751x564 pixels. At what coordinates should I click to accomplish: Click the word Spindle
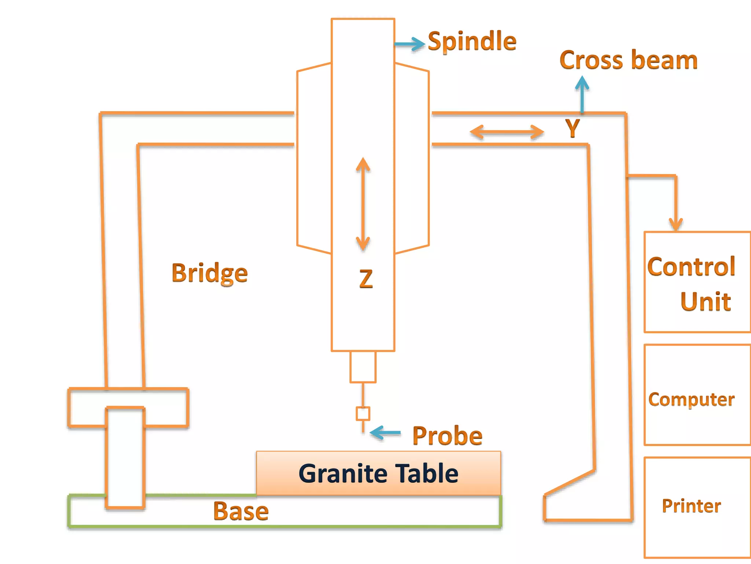click(x=472, y=41)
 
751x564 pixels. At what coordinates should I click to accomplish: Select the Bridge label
click(x=209, y=273)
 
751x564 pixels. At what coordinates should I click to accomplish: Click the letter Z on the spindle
click(x=366, y=279)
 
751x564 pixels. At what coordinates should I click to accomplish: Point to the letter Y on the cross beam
click(x=572, y=128)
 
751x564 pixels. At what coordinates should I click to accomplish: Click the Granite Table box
click(x=378, y=473)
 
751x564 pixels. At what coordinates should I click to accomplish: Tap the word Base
click(x=241, y=511)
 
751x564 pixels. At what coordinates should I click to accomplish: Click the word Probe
click(x=447, y=436)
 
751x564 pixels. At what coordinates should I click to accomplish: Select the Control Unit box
click(x=697, y=282)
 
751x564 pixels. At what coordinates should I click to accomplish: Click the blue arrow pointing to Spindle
click(x=410, y=44)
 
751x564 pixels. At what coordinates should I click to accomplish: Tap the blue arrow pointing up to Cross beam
click(x=582, y=94)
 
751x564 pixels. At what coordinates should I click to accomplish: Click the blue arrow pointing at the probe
click(x=385, y=433)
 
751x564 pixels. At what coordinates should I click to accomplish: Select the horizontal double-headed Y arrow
click(x=507, y=132)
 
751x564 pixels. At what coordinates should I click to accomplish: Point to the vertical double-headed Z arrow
click(x=363, y=204)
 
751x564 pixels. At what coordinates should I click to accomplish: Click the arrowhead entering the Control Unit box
click(x=675, y=223)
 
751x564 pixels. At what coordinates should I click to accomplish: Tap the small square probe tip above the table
click(x=363, y=413)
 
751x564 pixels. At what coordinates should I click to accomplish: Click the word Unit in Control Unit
click(x=705, y=302)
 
